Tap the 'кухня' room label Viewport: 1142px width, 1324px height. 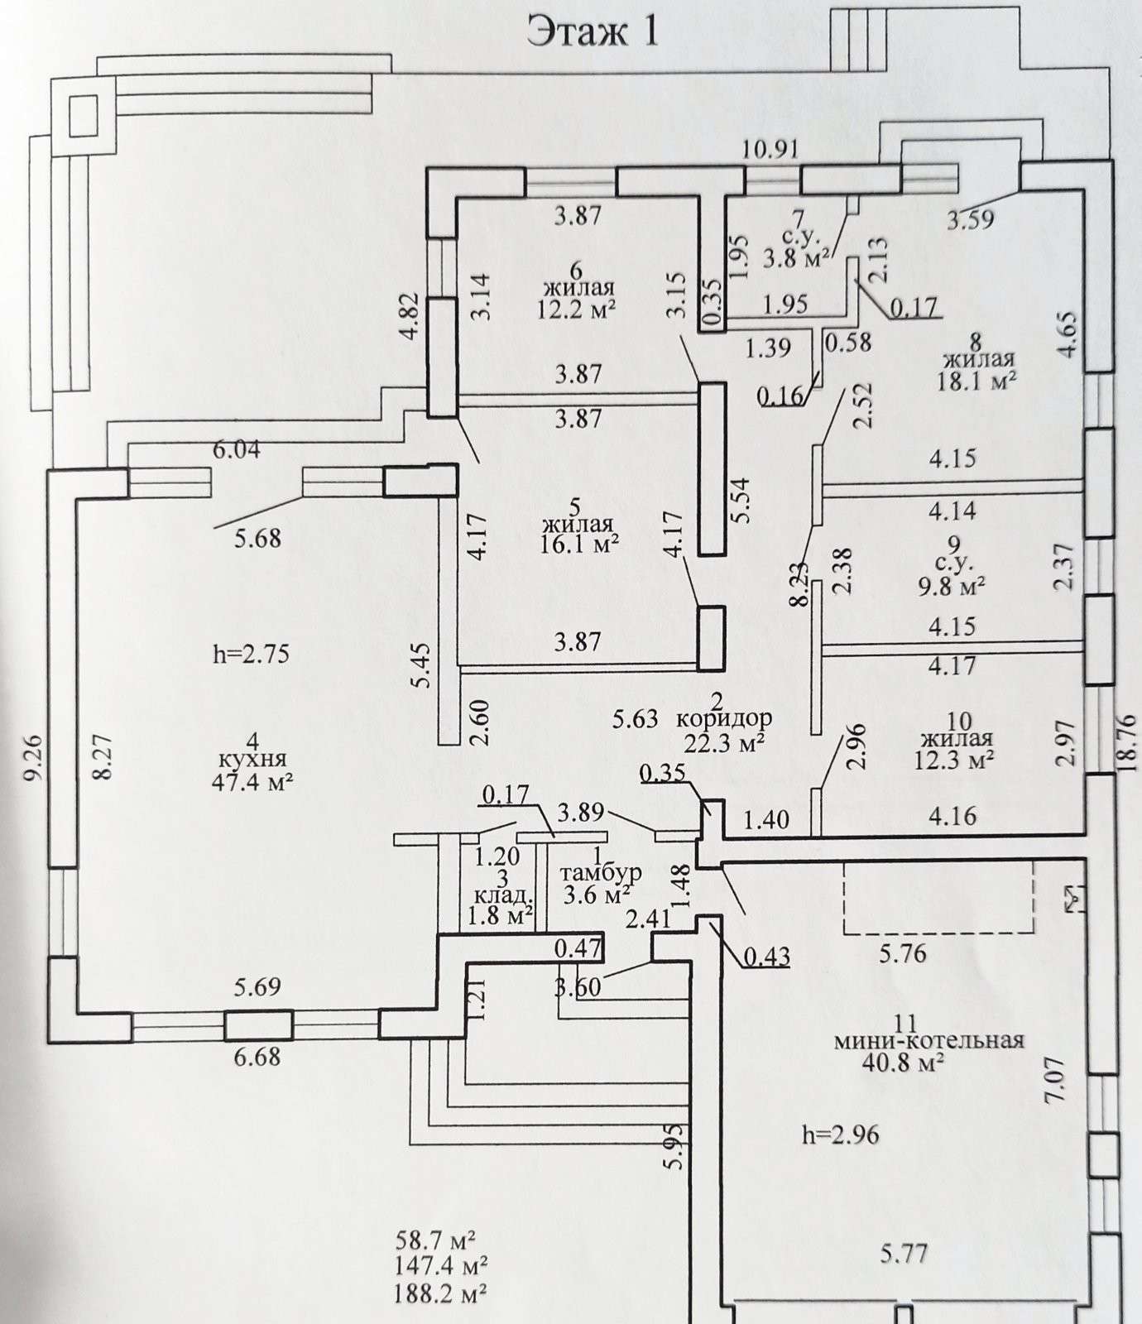(x=253, y=759)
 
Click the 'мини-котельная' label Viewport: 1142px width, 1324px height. (x=929, y=1040)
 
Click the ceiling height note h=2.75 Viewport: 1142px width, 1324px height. (x=251, y=654)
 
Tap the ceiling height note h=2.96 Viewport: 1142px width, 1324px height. (x=840, y=1135)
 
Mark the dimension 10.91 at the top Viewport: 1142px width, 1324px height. (x=770, y=150)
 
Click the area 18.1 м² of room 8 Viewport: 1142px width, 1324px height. (x=976, y=381)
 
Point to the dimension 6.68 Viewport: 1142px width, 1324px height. (x=257, y=1057)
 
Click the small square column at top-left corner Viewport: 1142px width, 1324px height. (x=83, y=115)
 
